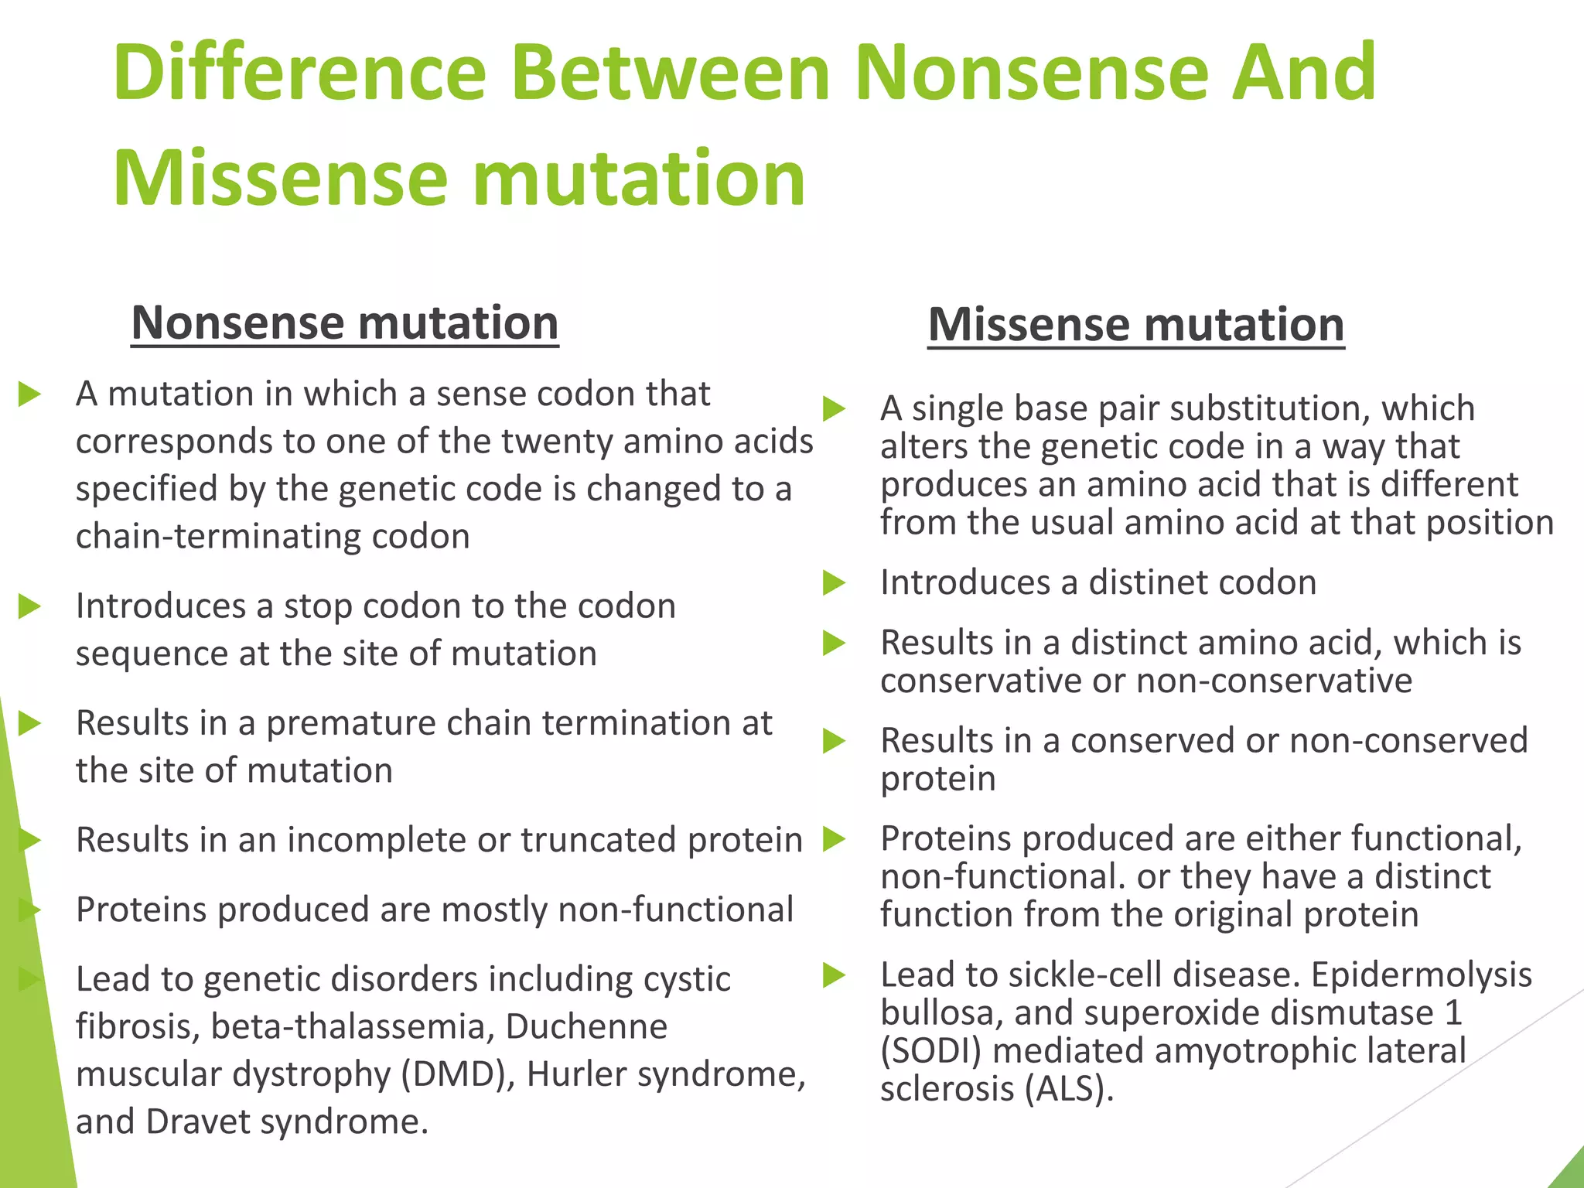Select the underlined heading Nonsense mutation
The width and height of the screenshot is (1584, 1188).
click(345, 323)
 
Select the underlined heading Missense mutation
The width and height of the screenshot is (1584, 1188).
click(1135, 324)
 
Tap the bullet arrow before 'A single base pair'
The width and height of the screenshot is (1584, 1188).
click(834, 409)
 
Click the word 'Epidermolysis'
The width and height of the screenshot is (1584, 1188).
click(1421, 975)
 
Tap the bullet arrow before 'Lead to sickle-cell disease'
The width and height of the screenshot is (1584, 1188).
click(834, 976)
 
